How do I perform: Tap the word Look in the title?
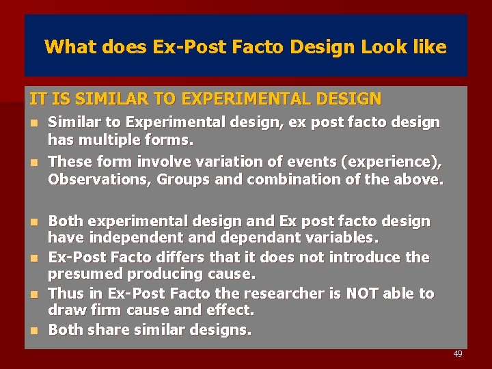(x=383, y=47)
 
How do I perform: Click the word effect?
(x=228, y=310)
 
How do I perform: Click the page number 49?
(x=457, y=354)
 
